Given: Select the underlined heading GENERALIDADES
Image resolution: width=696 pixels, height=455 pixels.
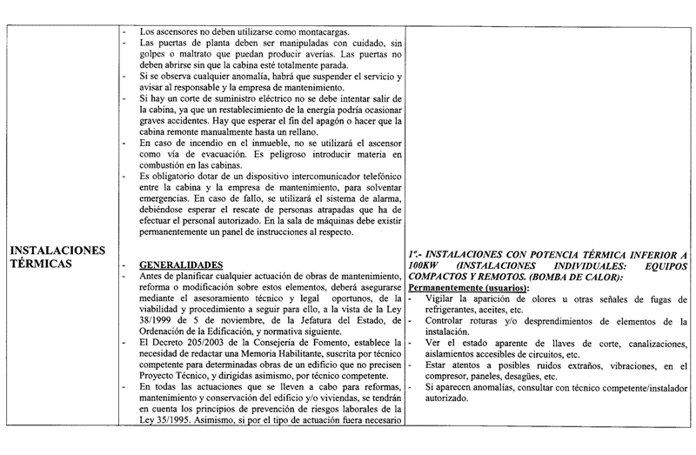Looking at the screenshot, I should point(180,264).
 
